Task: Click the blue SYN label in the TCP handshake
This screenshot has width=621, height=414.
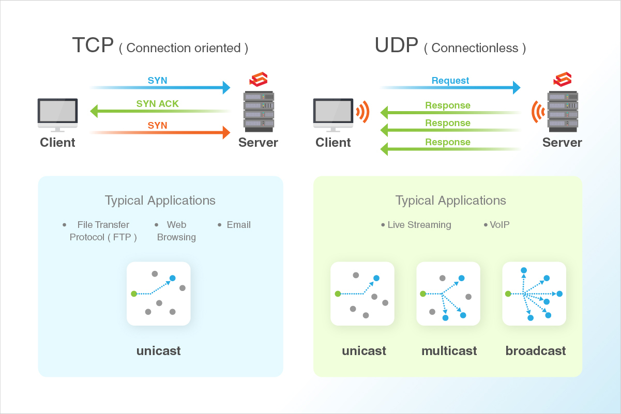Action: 158,80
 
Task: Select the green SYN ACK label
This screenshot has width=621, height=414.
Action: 158,104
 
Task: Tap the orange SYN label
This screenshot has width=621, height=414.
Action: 158,125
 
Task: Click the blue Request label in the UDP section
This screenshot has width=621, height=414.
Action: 450,80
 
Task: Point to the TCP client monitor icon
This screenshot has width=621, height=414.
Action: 58,115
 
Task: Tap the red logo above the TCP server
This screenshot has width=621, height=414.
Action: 259,79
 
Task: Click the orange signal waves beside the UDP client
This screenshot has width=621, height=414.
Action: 362,112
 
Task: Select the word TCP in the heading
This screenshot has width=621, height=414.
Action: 93,45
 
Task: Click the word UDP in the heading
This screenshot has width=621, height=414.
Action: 396,45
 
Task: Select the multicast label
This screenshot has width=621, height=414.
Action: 449,351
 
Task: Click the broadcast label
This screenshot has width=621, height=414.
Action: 536,351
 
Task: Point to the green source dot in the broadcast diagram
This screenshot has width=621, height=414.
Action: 508,294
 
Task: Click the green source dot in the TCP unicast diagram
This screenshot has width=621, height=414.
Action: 134,294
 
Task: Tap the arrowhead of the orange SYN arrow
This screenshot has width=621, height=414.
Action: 226,132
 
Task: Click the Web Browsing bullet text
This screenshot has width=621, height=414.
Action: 176,231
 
